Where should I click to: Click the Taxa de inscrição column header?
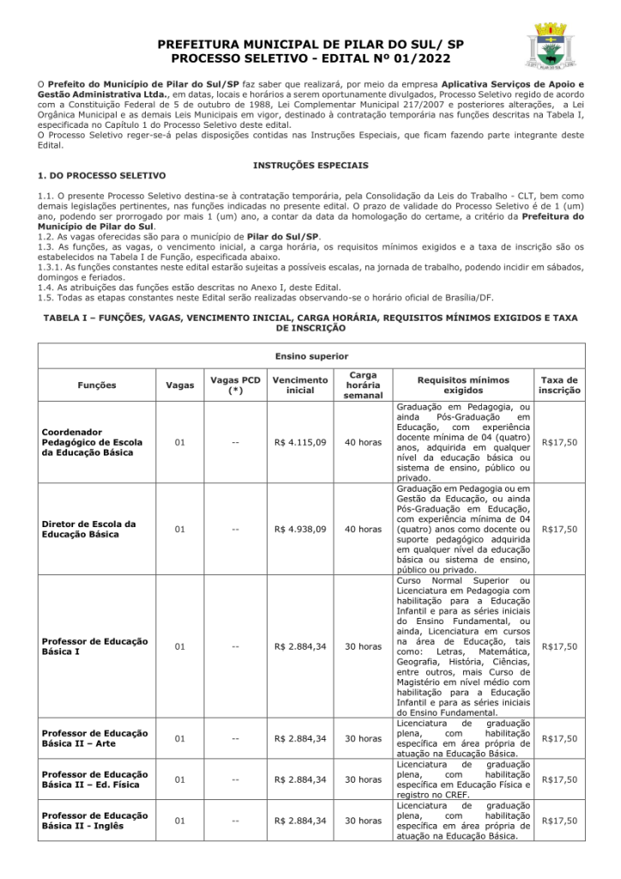coord(559,385)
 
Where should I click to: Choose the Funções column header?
coord(97,385)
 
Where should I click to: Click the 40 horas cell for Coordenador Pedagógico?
coord(363,443)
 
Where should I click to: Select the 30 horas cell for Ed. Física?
coord(363,779)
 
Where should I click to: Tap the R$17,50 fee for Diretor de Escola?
coord(559,530)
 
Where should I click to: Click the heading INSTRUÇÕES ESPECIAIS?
coord(310,164)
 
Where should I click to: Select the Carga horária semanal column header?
coord(363,385)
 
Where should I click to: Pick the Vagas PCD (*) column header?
coord(236,385)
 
